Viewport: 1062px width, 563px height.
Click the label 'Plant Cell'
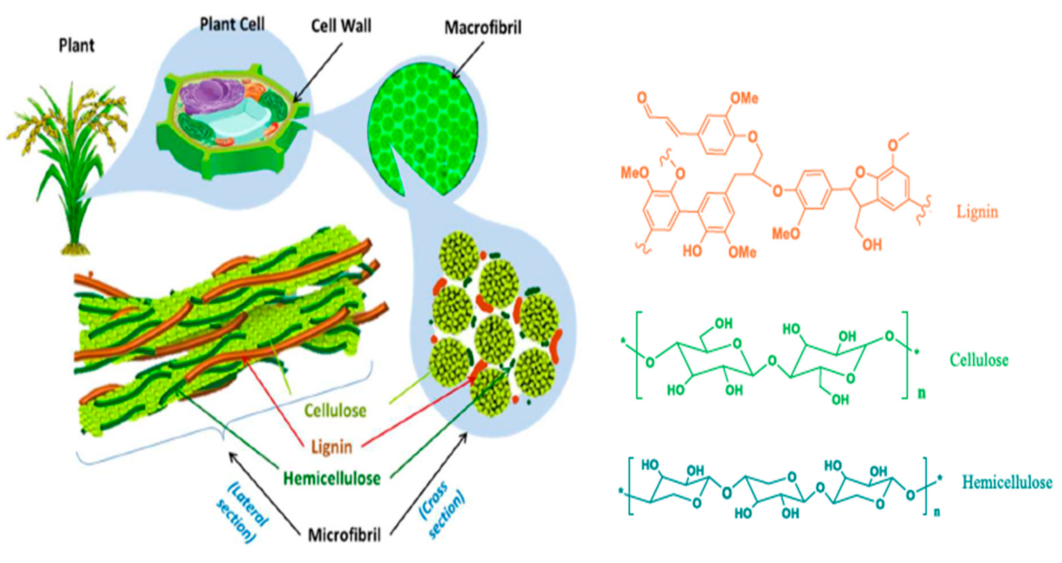point(232,25)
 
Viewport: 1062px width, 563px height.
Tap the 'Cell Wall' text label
point(341,26)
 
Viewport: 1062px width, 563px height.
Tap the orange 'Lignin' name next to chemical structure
point(977,212)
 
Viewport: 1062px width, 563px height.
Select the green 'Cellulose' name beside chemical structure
point(979,360)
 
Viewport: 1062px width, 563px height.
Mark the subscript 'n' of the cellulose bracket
point(921,393)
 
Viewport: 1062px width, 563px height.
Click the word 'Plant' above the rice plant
point(76,45)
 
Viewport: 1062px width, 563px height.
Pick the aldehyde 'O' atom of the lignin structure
point(641,98)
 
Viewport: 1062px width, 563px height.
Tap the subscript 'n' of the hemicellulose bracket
point(937,512)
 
